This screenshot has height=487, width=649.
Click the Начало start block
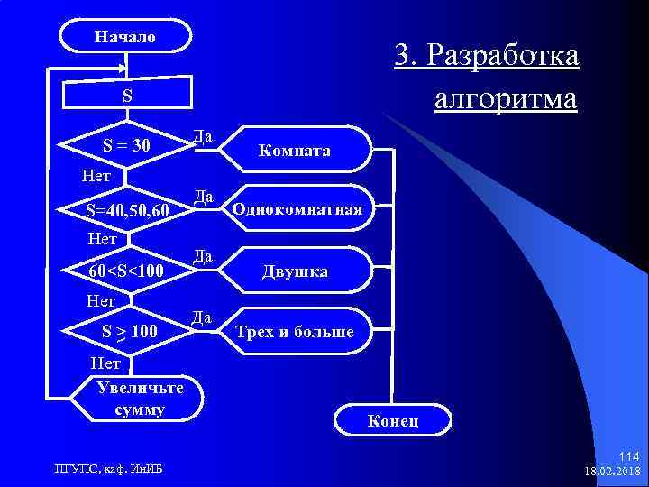tap(125, 37)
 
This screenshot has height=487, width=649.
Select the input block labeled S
tap(127, 96)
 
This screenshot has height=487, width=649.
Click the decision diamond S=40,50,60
tap(127, 210)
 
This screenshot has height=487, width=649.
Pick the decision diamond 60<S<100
tap(127, 271)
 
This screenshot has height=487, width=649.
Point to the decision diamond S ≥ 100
tap(127, 333)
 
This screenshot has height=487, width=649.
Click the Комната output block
tap(295, 151)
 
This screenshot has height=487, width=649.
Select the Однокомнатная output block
tap(297, 210)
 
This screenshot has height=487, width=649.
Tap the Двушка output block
tap(295, 271)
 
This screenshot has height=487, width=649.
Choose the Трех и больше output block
tap(295, 333)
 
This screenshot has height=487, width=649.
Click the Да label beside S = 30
tap(203, 136)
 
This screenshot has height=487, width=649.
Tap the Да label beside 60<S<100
tap(203, 257)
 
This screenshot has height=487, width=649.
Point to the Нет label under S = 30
tap(96, 175)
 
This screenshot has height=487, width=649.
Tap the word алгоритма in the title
tap(505, 96)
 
